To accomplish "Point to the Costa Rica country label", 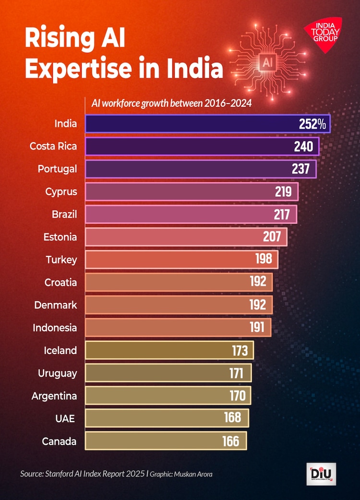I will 53,146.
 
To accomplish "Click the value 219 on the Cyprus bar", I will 283,191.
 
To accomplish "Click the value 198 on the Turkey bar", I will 264,260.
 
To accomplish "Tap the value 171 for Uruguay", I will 236,373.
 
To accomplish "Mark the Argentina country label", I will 54,396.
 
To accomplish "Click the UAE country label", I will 65,418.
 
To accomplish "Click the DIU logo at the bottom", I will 321,474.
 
